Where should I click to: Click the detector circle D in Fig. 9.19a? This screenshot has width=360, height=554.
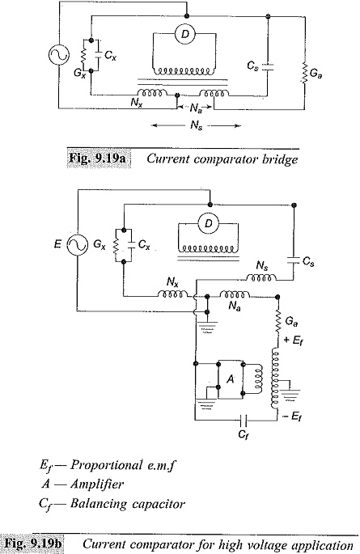click(184, 34)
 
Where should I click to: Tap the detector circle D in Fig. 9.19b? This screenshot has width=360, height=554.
click(209, 223)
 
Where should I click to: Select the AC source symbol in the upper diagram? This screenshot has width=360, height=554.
click(58, 55)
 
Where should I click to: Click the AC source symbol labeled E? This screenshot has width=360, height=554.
click(78, 244)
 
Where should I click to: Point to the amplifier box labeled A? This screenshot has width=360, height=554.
click(231, 379)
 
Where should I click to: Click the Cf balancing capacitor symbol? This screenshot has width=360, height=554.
click(244, 421)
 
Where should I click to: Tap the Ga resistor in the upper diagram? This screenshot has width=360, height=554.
click(304, 74)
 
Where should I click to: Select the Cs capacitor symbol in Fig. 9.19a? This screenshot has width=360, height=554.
click(268, 67)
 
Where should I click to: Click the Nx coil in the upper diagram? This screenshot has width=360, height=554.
click(152, 92)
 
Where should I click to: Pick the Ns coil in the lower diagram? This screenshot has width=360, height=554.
click(261, 277)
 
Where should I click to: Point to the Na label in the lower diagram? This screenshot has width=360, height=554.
click(235, 306)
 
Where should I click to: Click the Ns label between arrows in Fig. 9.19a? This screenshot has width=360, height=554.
click(197, 125)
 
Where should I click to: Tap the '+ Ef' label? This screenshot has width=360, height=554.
click(293, 340)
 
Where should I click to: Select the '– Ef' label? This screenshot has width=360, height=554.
click(293, 417)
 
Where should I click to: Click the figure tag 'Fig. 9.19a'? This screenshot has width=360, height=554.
click(99, 158)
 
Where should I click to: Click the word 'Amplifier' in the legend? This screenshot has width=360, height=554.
click(97, 484)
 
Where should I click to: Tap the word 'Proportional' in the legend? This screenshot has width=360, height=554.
click(106, 464)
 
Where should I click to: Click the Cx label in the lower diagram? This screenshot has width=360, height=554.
click(144, 244)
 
